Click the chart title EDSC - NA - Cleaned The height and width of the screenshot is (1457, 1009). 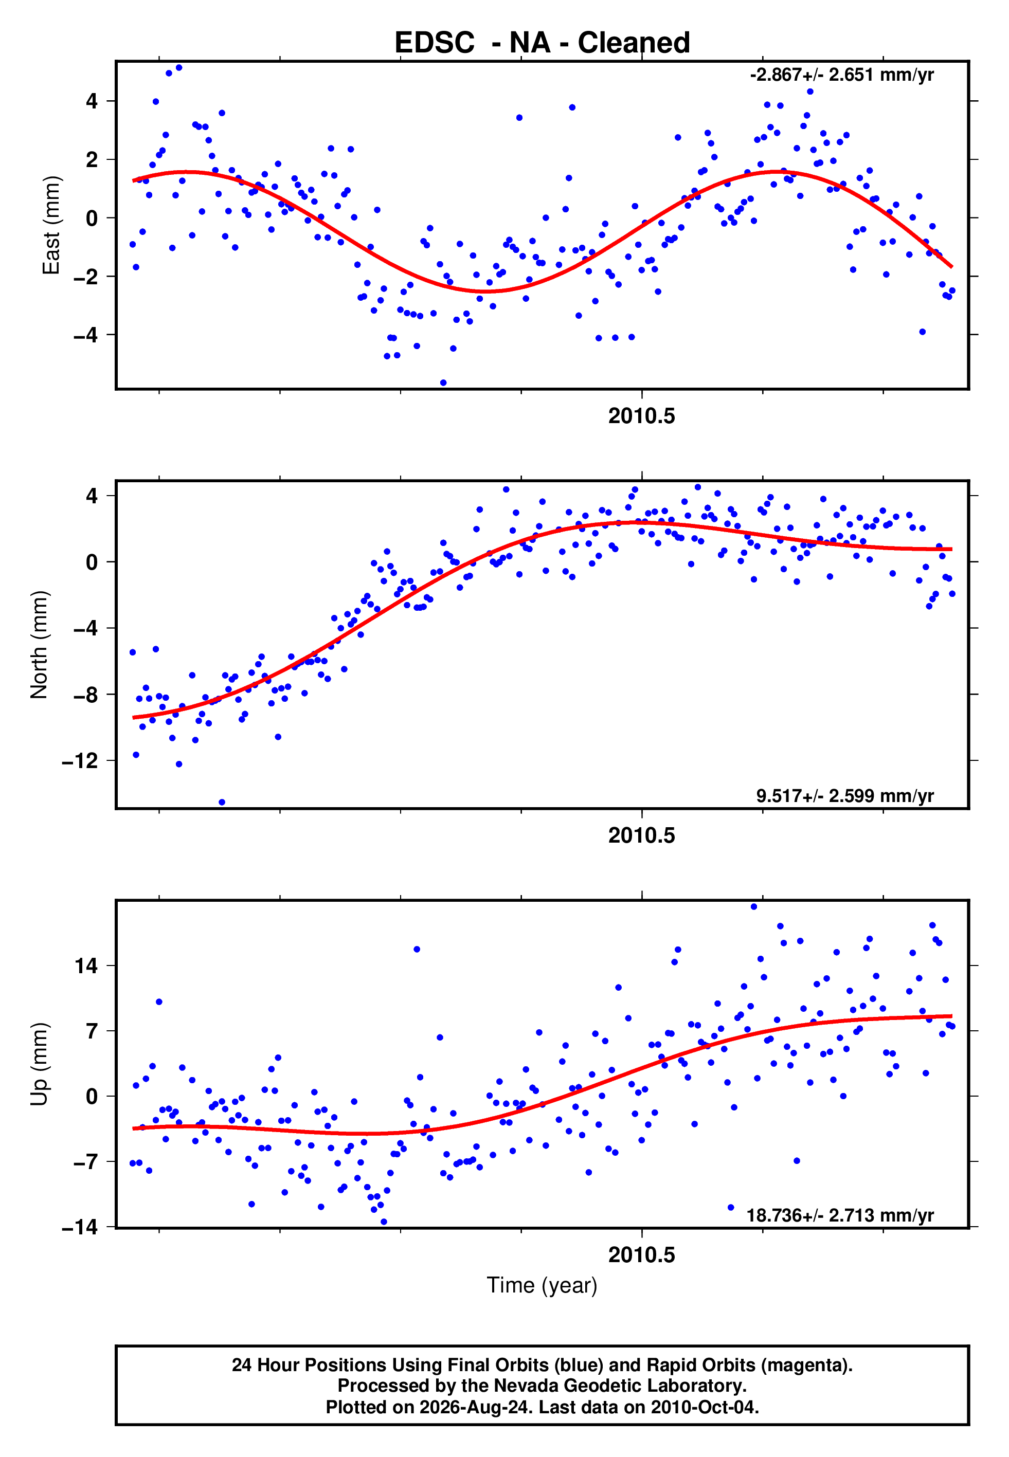542,43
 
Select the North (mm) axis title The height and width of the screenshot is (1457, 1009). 39,645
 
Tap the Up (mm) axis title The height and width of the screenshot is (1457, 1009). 39,1064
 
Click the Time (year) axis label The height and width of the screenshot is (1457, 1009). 542,1286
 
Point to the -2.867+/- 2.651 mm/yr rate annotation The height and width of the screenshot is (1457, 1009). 841,75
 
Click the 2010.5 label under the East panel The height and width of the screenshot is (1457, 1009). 642,416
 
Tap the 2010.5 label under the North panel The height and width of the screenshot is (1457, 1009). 642,835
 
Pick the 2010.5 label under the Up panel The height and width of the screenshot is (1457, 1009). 642,1255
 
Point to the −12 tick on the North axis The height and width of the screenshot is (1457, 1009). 80,761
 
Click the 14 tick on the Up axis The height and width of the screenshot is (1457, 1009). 86,966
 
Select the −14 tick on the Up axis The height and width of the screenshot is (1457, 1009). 80,1227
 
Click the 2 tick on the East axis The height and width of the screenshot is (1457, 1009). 92,159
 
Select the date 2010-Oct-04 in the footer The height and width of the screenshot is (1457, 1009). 704,1407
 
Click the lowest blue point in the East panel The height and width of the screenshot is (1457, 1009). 443,383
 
